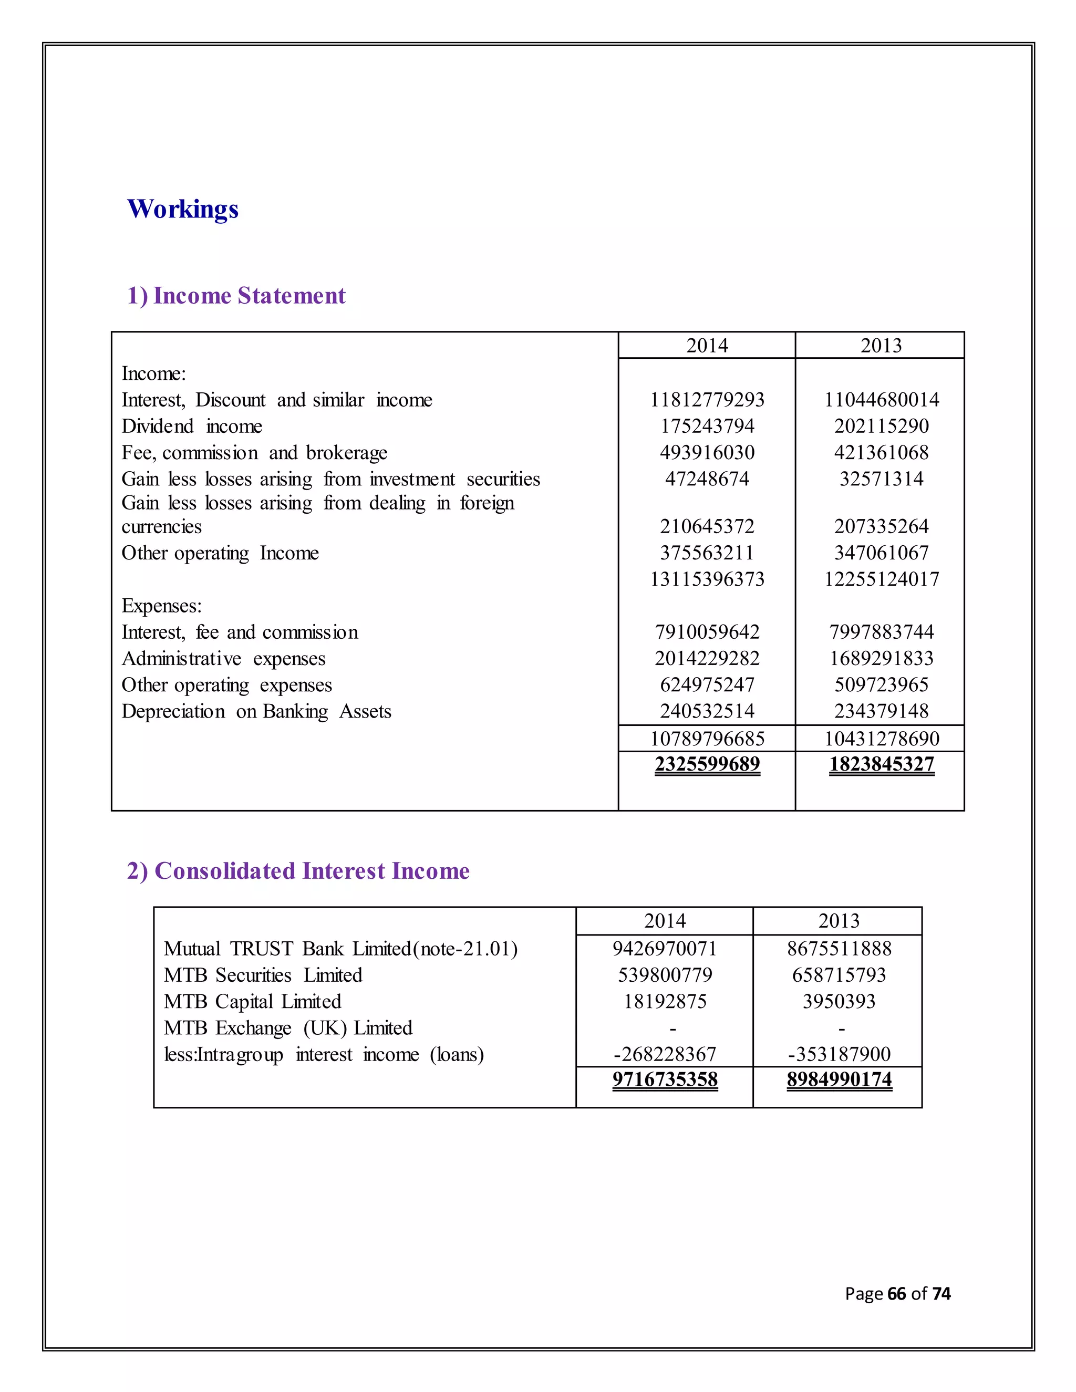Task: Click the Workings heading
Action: click(x=183, y=209)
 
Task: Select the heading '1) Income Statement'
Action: click(x=236, y=296)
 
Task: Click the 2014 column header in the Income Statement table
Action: click(x=707, y=346)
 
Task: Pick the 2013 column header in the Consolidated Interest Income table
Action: click(x=839, y=921)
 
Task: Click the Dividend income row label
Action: click(x=192, y=427)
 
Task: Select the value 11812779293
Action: click(x=707, y=400)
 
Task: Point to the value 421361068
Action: click(x=881, y=452)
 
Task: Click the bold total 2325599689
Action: click(x=707, y=764)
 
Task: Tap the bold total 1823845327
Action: click(x=881, y=764)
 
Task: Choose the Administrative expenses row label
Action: click(x=223, y=658)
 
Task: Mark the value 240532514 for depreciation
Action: click(x=707, y=711)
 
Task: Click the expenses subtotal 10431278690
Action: click(x=881, y=739)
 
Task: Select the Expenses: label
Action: click(x=161, y=606)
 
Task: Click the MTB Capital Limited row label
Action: click(x=252, y=1001)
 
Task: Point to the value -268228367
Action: click(x=665, y=1054)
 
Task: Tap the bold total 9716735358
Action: click(x=665, y=1079)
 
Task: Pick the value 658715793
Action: click(x=839, y=975)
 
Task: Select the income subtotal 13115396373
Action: click(x=707, y=579)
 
